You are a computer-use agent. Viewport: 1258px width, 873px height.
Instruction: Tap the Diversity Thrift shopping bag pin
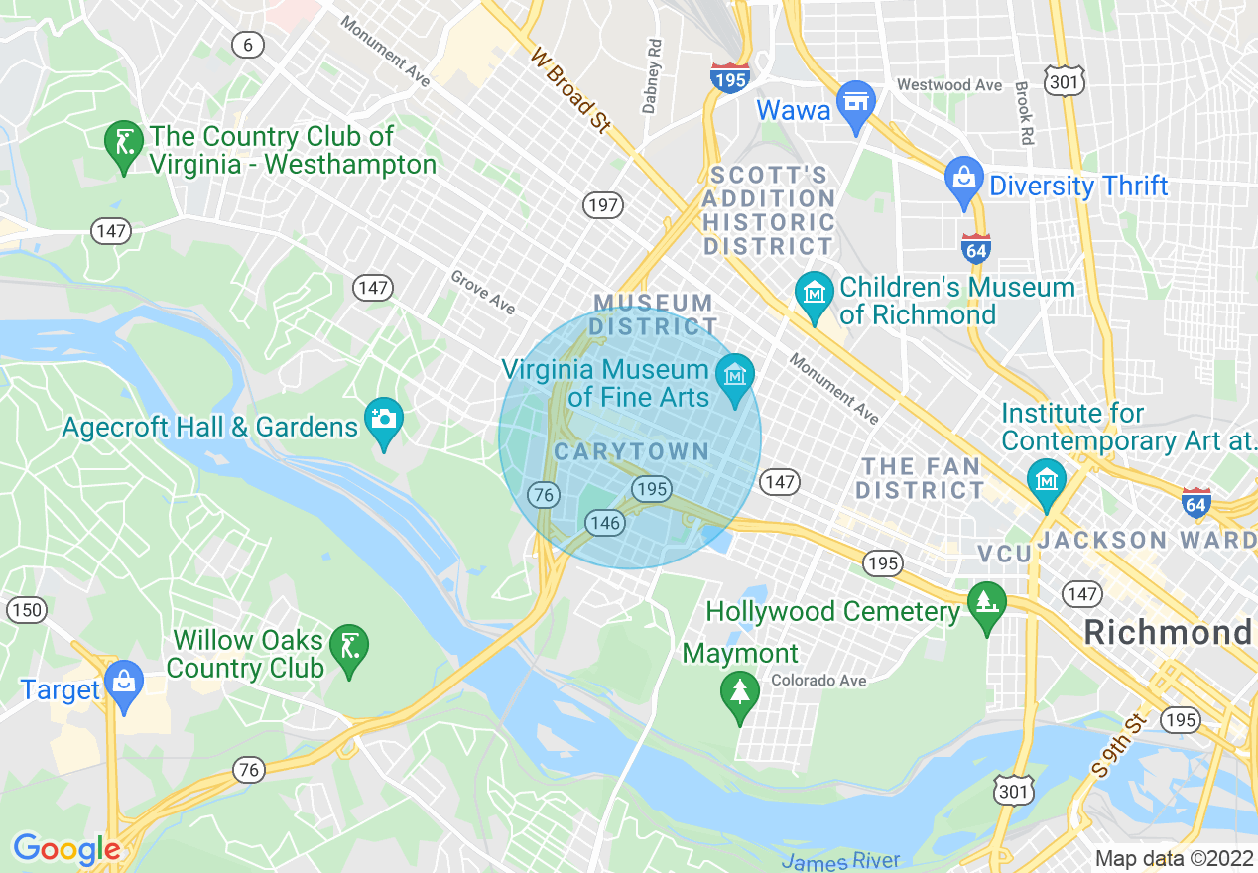(x=962, y=180)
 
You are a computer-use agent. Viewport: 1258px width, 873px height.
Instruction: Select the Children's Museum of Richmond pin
(x=815, y=294)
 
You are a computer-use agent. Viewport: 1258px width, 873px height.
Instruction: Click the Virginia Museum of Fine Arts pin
(x=735, y=377)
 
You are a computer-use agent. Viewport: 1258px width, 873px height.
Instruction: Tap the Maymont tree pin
(x=740, y=690)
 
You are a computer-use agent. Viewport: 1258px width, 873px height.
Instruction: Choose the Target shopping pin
(x=124, y=683)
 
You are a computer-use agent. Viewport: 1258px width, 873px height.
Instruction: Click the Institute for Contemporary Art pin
(x=1047, y=481)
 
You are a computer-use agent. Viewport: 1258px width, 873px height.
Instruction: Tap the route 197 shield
(x=602, y=206)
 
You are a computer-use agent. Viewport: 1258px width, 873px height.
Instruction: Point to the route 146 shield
(x=604, y=523)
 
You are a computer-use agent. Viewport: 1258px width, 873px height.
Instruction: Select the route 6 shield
(x=248, y=44)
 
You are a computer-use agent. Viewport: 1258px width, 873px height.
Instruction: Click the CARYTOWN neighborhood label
(x=632, y=452)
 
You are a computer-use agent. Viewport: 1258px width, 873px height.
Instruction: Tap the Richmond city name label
(x=1168, y=632)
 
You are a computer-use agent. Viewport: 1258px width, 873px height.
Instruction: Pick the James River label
(x=840, y=861)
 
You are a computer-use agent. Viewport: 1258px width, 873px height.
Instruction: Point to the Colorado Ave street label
(x=818, y=681)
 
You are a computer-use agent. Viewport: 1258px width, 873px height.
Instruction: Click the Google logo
(x=65, y=849)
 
